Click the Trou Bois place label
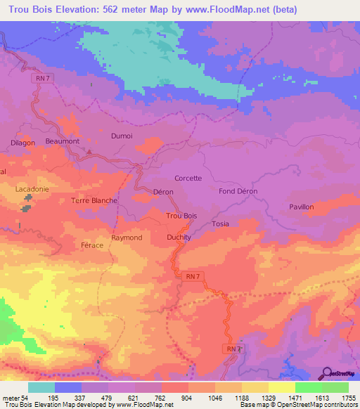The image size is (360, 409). tap(181, 216)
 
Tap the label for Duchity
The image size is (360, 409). tap(179, 238)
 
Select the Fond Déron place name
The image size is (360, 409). tap(238, 191)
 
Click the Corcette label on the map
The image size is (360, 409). tap(188, 178)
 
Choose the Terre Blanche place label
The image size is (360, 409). tap(94, 200)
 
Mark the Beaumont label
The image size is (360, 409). tap(62, 141)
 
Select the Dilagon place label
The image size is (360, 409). tap(22, 142)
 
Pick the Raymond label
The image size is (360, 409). tap(127, 238)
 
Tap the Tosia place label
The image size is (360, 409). tap(220, 224)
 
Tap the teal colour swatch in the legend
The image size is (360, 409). tap(41, 387)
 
